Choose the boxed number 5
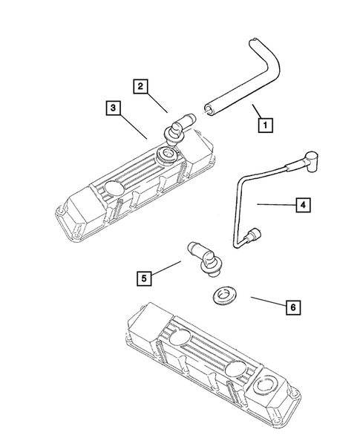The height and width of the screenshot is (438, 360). coord(144,278)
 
